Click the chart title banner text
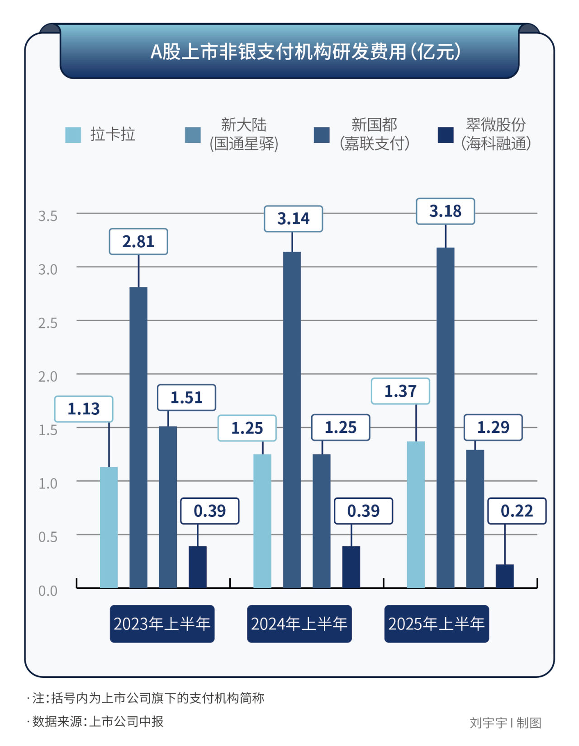click(305, 52)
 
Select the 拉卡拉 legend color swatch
click(73, 135)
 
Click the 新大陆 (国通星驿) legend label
click(244, 134)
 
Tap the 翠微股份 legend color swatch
click(446, 135)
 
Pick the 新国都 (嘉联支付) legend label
click(375, 134)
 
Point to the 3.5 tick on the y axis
click(48, 216)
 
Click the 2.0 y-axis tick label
click(48, 376)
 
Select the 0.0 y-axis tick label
click(48, 591)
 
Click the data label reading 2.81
click(138, 242)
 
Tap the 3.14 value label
click(293, 219)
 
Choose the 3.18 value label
click(445, 211)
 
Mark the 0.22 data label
click(517, 511)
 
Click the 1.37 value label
click(400, 391)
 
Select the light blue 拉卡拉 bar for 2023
click(109, 527)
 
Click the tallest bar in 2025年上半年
click(445, 418)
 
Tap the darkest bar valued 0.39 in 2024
click(351, 567)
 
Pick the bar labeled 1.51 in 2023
click(168, 507)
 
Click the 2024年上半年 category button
click(299, 624)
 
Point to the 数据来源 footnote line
click(97, 722)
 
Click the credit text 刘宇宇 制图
click(505, 723)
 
